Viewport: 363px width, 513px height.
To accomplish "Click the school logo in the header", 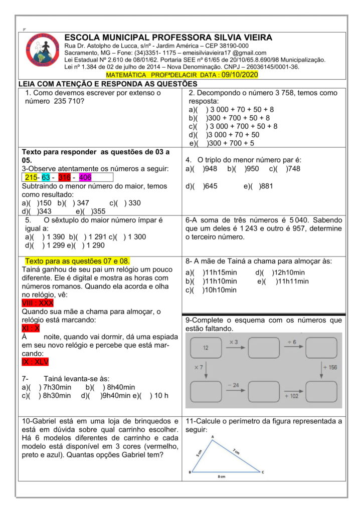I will (x=43, y=51).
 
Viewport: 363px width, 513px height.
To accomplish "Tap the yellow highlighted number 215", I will (x=31, y=177).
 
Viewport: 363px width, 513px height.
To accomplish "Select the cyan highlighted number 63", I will (x=46, y=177).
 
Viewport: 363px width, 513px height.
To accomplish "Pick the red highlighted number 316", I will (x=64, y=177).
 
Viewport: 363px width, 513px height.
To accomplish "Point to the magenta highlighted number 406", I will (x=85, y=177).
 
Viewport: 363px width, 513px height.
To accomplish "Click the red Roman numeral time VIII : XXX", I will (x=38, y=303).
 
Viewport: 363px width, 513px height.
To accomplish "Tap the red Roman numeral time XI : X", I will (x=31, y=328).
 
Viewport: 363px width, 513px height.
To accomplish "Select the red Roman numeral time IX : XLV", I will (x=35, y=362).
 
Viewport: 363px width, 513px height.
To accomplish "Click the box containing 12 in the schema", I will (x=206, y=347).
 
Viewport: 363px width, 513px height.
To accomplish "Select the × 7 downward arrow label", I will (x=199, y=367).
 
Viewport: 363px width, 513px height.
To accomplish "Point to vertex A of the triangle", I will (x=213, y=436).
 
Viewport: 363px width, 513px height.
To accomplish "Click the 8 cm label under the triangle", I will (x=222, y=476).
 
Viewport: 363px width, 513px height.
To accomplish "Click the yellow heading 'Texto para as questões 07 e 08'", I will (x=77, y=261).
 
